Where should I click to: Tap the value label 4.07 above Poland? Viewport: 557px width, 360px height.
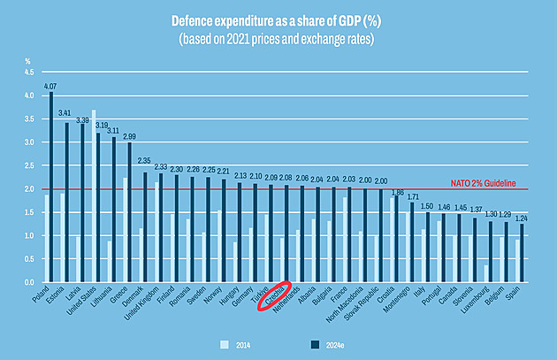click(50, 86)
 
